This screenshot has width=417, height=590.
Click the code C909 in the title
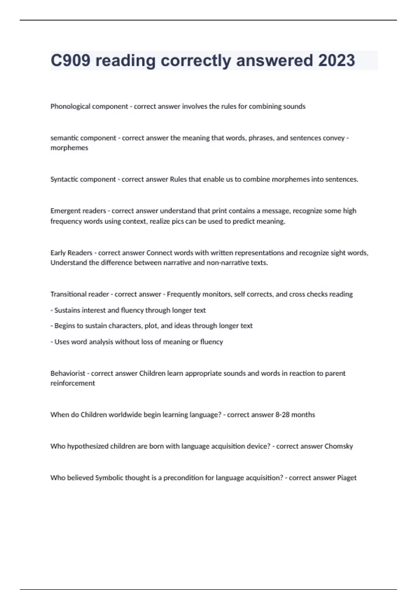(x=71, y=60)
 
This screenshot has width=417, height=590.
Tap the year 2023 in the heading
(x=336, y=60)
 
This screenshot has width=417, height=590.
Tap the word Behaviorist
(x=68, y=373)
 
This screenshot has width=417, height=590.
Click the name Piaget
(x=347, y=478)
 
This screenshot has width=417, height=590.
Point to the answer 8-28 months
(x=295, y=415)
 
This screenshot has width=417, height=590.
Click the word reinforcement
(x=73, y=383)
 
